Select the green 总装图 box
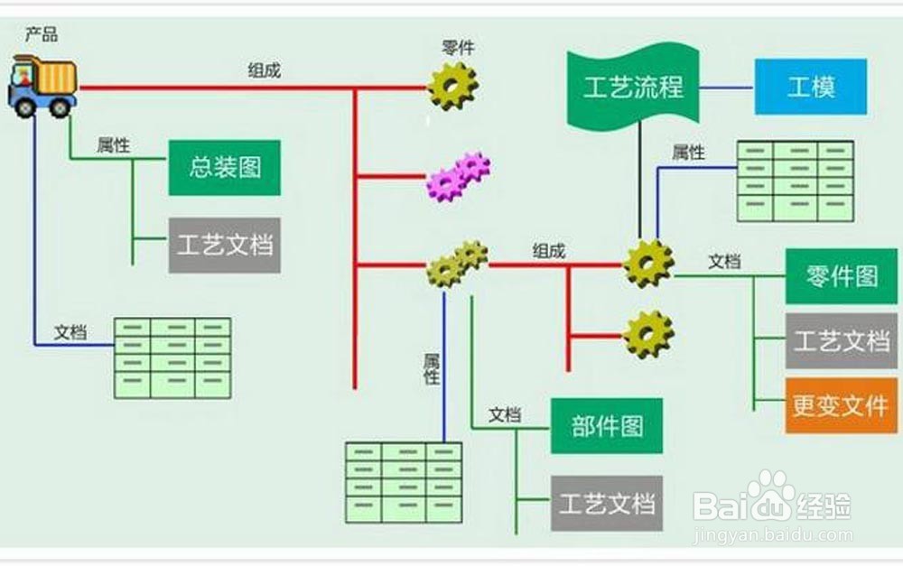coord(225,168)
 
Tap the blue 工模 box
coord(810,88)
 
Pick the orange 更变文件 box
coord(840,406)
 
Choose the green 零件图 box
coord(841,276)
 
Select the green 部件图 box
coord(606,426)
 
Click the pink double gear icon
coord(457,176)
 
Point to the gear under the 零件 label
coord(451,86)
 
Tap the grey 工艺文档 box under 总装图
coord(225,246)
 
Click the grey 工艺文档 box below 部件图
coord(606,503)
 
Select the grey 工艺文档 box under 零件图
coord(840,341)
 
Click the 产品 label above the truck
coord(42,36)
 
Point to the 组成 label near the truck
coord(265,70)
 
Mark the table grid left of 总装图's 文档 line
coord(172,358)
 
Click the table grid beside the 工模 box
coord(795,181)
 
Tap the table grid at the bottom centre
coord(403,481)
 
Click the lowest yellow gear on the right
coord(647,333)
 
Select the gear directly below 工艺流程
coord(647,264)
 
